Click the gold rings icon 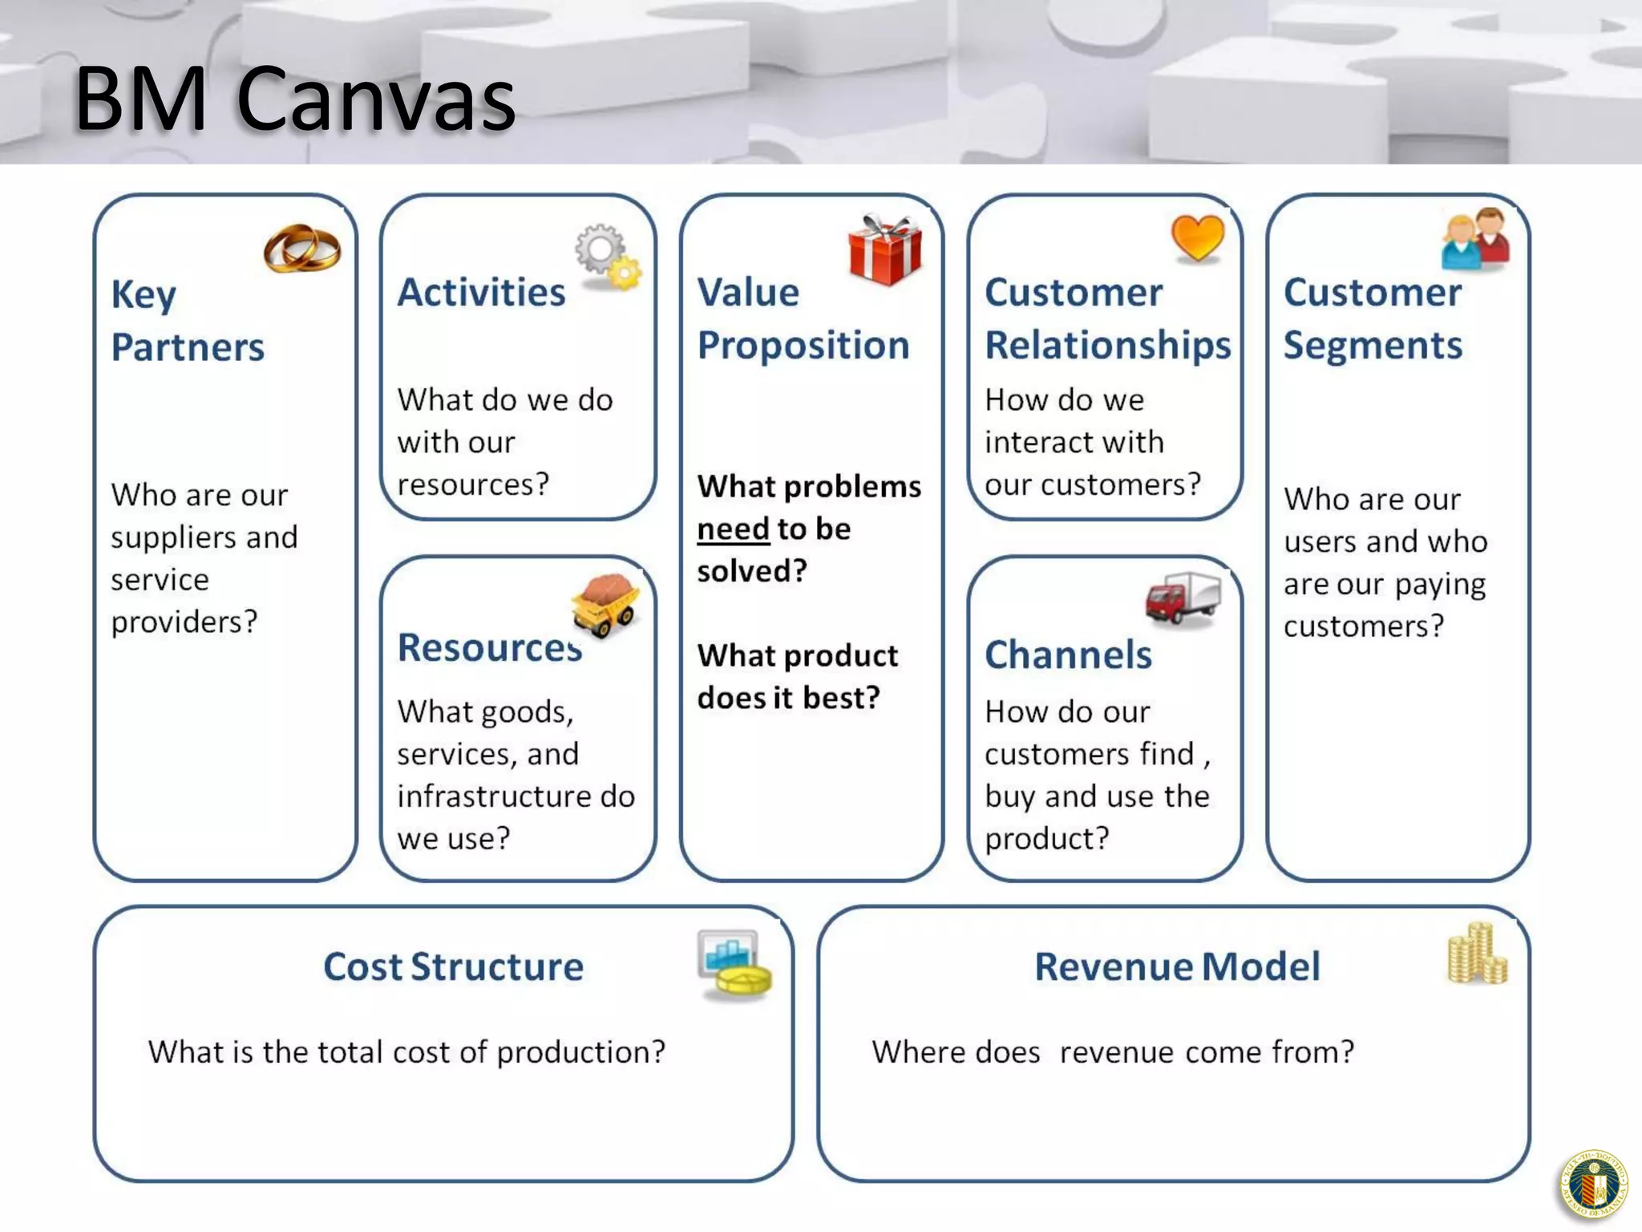(x=302, y=248)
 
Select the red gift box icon (x=885, y=250)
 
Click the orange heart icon (x=1198, y=238)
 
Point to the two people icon (x=1475, y=240)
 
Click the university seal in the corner (x=1594, y=1185)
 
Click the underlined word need (x=733, y=529)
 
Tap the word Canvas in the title (x=376, y=99)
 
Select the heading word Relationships (x=1107, y=346)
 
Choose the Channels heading (x=1068, y=654)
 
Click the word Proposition (x=803, y=346)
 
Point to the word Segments (x=1373, y=346)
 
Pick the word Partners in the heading (x=188, y=347)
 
